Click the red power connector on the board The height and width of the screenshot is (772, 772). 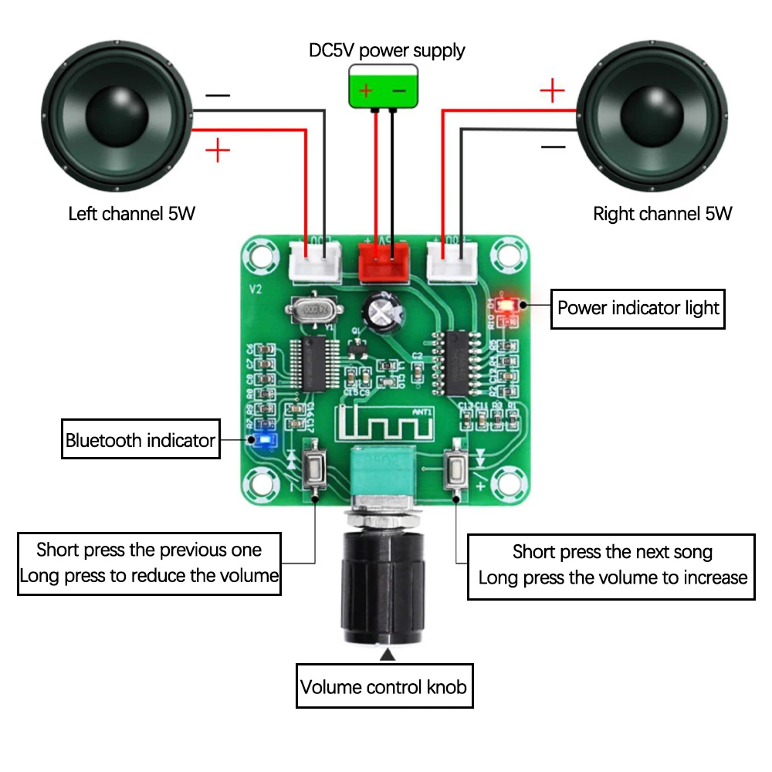click(384, 261)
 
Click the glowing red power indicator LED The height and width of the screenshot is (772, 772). click(506, 304)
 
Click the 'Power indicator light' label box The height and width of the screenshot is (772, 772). click(638, 308)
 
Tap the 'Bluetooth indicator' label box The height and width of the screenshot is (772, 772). click(141, 441)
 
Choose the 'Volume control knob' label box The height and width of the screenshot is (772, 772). click(384, 686)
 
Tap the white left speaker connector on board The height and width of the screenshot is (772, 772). click(314, 261)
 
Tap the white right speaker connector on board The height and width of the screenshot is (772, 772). click(452, 261)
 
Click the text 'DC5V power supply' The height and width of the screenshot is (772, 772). click(387, 51)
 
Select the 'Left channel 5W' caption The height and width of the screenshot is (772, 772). click(132, 214)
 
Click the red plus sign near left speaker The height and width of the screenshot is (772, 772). click(218, 150)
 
